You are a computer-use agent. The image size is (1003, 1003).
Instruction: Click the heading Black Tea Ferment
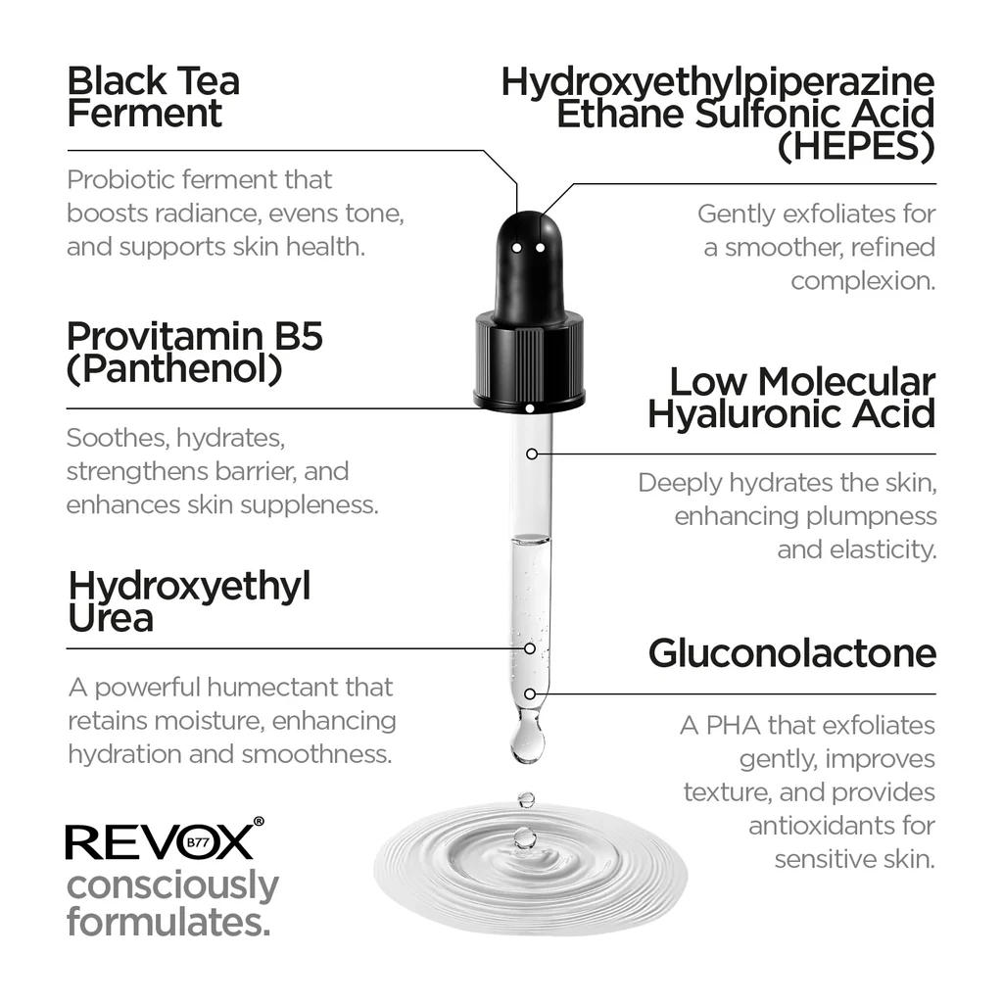(x=153, y=98)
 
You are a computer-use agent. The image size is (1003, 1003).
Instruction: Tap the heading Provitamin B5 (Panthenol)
(x=194, y=353)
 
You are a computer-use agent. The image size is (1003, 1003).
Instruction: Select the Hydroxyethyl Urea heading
(x=189, y=602)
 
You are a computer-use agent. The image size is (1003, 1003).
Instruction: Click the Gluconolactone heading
(x=791, y=653)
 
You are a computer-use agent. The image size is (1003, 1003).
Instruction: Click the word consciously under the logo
(x=172, y=886)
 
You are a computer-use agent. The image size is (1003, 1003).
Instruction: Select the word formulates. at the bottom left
(x=167, y=922)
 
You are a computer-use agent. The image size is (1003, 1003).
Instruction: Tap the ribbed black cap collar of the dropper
(x=529, y=360)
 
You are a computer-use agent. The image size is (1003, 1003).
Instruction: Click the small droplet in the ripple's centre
(x=525, y=837)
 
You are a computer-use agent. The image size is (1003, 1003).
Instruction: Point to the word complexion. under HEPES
(x=863, y=281)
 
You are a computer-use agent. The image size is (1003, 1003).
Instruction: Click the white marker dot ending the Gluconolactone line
(x=530, y=694)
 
